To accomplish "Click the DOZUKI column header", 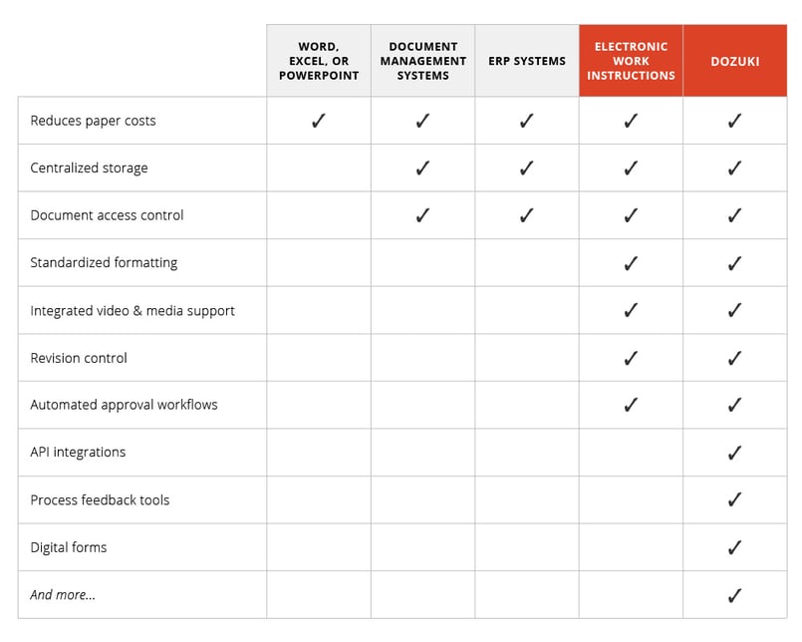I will pyautogui.click(x=734, y=62).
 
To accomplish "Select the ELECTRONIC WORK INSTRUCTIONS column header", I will pyautogui.click(x=631, y=62).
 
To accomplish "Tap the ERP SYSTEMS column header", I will pyautogui.click(x=526, y=62).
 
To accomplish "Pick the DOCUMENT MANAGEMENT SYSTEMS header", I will pyautogui.click(x=422, y=62).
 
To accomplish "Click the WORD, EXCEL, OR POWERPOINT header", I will pyautogui.click(x=319, y=62).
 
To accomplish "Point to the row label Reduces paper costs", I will pyautogui.click(x=93, y=121).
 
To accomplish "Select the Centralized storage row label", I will pyautogui.click(x=89, y=167).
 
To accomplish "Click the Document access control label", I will pyautogui.click(x=107, y=215).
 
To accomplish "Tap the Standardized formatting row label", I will pyautogui.click(x=104, y=263).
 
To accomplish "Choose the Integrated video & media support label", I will pyautogui.click(x=133, y=311).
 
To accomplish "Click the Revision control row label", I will pyautogui.click(x=79, y=358).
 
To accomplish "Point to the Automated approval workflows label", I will pyautogui.click(x=124, y=405).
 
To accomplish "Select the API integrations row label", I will pyautogui.click(x=78, y=453).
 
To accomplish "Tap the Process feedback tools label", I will pyautogui.click(x=100, y=500).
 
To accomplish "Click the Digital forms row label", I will pyautogui.click(x=68, y=547).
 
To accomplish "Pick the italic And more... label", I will pyautogui.click(x=63, y=595).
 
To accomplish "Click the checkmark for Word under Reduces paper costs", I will pyautogui.click(x=319, y=121).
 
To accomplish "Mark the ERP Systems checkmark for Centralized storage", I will pyautogui.click(x=526, y=167).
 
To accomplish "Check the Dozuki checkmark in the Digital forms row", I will pyautogui.click(x=734, y=547).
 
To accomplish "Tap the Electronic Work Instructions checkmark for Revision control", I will pyautogui.click(x=631, y=358).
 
